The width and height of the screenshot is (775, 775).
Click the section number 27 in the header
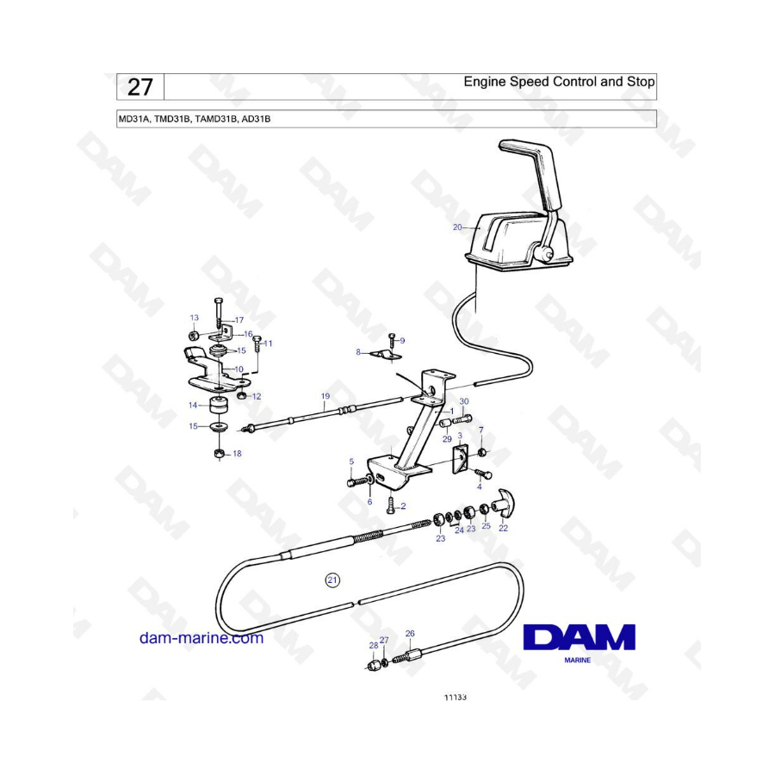pyautogui.click(x=140, y=88)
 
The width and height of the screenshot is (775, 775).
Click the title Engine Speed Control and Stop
pyautogui.click(x=559, y=82)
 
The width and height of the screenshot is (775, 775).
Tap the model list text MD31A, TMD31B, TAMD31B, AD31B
pyautogui.click(x=195, y=119)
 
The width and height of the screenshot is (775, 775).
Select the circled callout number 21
pyautogui.click(x=332, y=580)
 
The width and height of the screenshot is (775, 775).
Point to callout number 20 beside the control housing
pyautogui.click(x=457, y=227)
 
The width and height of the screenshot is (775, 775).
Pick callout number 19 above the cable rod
pyautogui.click(x=325, y=396)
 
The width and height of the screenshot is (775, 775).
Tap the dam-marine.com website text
pyautogui.click(x=201, y=638)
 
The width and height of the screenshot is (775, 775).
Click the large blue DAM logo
pyautogui.click(x=580, y=636)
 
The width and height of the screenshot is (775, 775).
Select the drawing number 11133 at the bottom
pyautogui.click(x=456, y=697)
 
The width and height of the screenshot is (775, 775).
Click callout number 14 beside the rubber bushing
pyautogui.click(x=193, y=406)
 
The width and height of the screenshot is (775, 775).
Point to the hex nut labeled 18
pyautogui.click(x=220, y=453)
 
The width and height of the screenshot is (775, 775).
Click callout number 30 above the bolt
pyautogui.click(x=464, y=401)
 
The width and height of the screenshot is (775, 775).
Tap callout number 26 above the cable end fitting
pyautogui.click(x=410, y=633)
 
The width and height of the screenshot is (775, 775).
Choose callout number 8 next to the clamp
pyautogui.click(x=358, y=352)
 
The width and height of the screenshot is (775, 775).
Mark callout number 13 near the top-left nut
pyautogui.click(x=195, y=318)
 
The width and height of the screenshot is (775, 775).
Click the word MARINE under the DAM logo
pyautogui.click(x=578, y=660)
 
